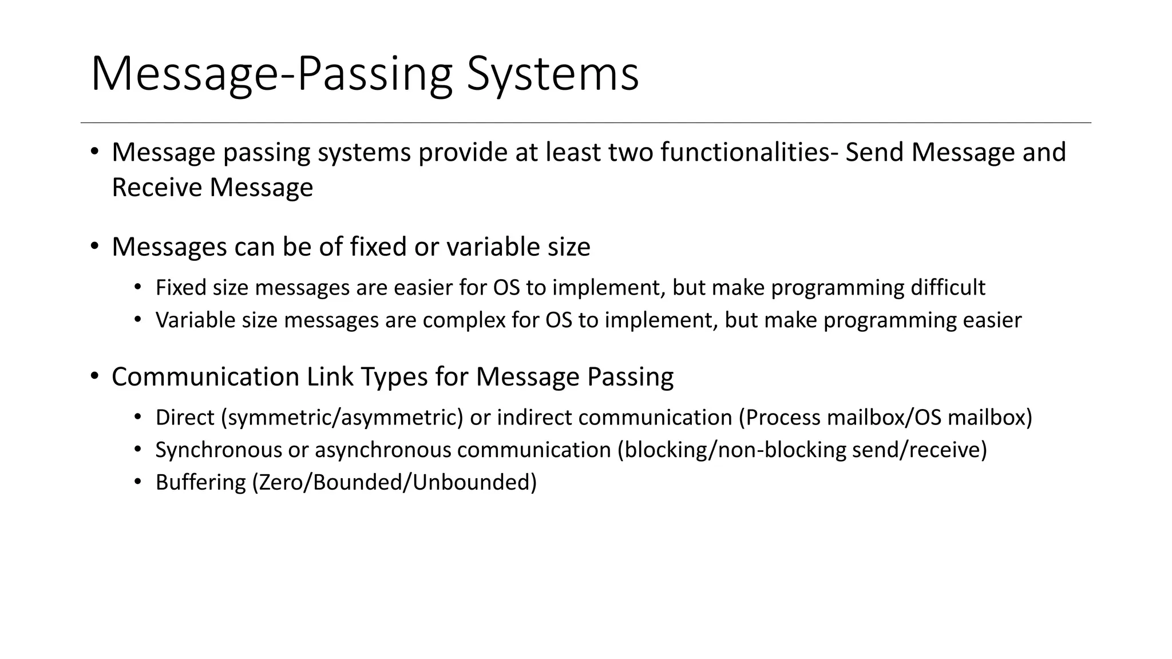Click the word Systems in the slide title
(552, 74)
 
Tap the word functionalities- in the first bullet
(749, 153)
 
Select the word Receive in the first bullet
(156, 188)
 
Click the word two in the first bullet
(630, 153)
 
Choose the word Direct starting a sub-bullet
(185, 418)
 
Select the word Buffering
(200, 483)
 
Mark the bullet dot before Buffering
(137, 482)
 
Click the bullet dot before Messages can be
(94, 247)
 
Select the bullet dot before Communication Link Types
(94, 376)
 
